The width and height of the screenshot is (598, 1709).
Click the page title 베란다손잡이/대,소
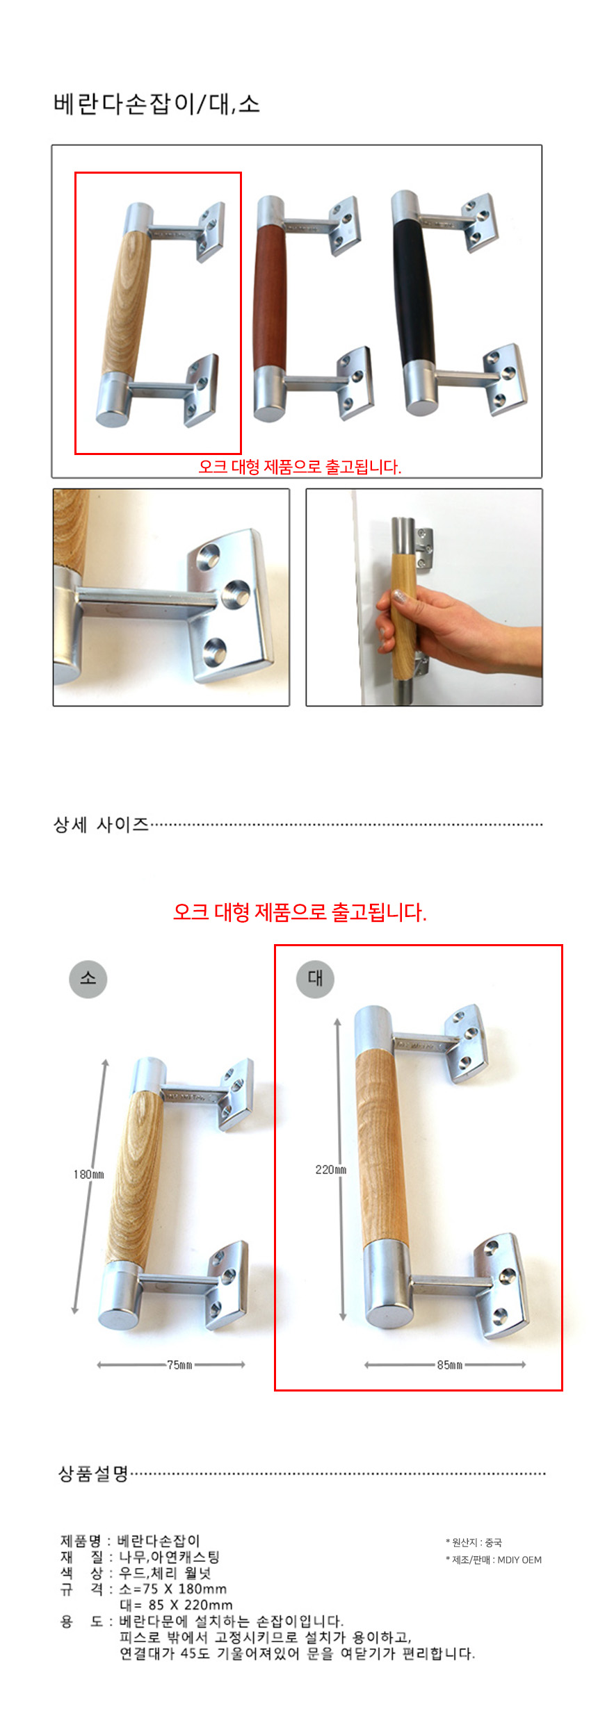coord(156,104)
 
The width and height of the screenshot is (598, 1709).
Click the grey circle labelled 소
coord(88,978)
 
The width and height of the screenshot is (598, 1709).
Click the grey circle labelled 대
coord(316,978)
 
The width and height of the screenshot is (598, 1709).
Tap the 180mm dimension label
coord(88,1174)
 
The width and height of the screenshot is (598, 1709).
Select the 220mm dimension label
coord(331,1169)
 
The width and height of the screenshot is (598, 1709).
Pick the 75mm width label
coord(179,1364)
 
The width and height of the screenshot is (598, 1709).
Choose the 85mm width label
coord(449,1364)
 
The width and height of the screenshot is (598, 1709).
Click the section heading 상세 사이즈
coord(102,825)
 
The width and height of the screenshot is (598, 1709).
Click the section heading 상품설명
coord(93,1474)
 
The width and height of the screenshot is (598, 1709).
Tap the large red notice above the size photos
coord(300,912)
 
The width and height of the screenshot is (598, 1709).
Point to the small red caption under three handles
coord(300,467)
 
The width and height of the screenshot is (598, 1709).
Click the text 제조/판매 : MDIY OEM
coord(494,1560)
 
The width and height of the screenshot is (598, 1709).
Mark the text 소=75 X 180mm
coord(173,1589)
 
